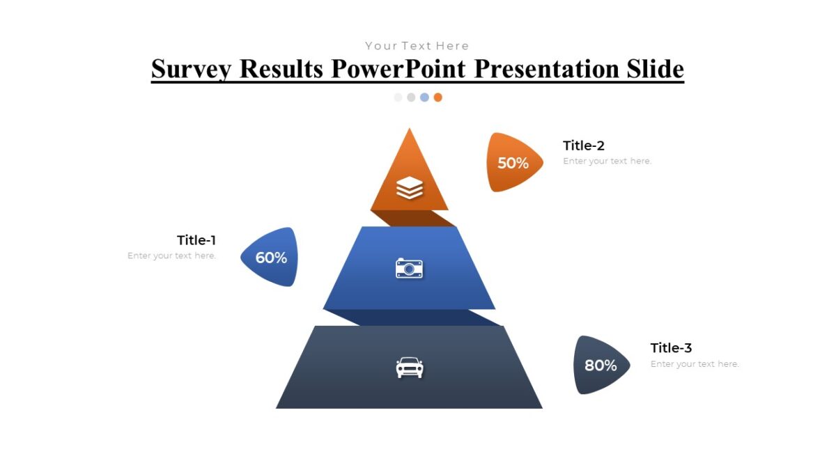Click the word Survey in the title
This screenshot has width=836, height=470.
pos(192,70)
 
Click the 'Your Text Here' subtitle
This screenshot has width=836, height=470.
pos(417,46)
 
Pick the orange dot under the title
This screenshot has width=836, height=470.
pos(438,97)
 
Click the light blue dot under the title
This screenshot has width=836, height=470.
pos(424,97)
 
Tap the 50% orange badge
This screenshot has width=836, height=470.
pos(513,163)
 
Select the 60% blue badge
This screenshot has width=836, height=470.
pos(271,258)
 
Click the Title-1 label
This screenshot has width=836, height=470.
pos(196,240)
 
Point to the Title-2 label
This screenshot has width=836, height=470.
pos(584,146)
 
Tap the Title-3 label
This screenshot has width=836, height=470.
pos(671,348)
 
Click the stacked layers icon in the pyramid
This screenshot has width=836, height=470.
pos(410,188)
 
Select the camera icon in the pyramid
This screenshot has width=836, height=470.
pos(410,268)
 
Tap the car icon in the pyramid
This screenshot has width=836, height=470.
pos(410,368)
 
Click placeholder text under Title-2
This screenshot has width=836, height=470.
pos(607,161)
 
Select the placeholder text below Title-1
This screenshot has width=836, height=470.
pos(172,256)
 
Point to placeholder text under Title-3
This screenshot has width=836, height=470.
pos(695,364)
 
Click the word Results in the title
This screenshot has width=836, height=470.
pos(281,70)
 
